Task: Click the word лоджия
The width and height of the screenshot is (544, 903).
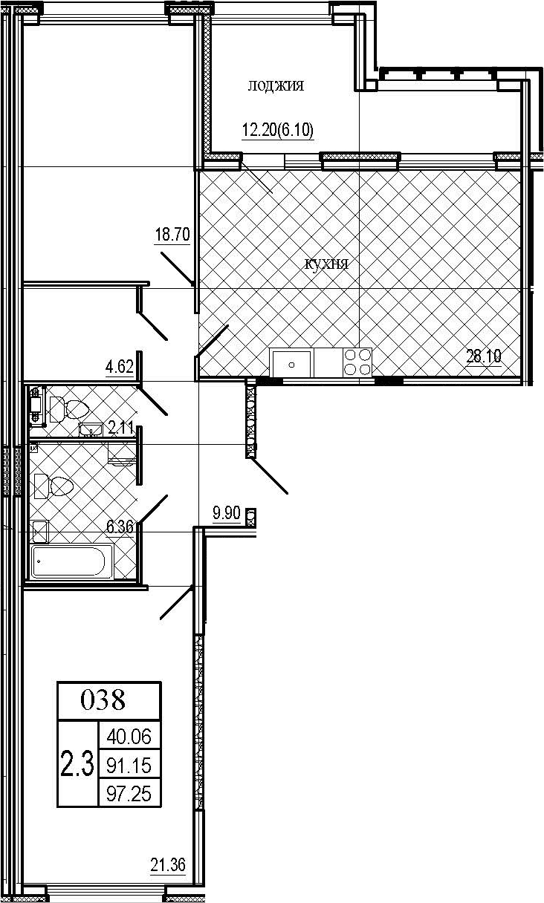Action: coord(276,86)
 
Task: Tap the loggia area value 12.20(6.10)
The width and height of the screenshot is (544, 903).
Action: coord(278,130)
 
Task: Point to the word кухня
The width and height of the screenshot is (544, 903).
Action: coord(326,264)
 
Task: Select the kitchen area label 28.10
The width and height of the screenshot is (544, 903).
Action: coord(484,356)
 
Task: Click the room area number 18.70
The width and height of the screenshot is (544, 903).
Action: coord(172,234)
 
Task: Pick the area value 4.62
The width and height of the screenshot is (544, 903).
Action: coord(119,368)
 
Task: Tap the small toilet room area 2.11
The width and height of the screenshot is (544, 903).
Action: coord(120,428)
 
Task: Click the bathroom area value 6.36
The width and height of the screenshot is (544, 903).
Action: coord(120,527)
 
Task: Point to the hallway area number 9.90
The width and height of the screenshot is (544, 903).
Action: coord(227,514)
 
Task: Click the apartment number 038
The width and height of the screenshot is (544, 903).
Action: coord(103,700)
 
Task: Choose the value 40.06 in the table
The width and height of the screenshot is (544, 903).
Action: coord(129,737)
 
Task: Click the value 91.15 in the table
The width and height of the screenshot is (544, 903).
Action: coord(129,765)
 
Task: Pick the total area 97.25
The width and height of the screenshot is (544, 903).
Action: coord(129,794)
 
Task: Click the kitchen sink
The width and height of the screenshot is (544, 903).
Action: coord(292,365)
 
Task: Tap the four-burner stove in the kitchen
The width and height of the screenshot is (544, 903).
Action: coord(357,362)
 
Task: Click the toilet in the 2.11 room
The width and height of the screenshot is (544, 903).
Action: coord(68,408)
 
